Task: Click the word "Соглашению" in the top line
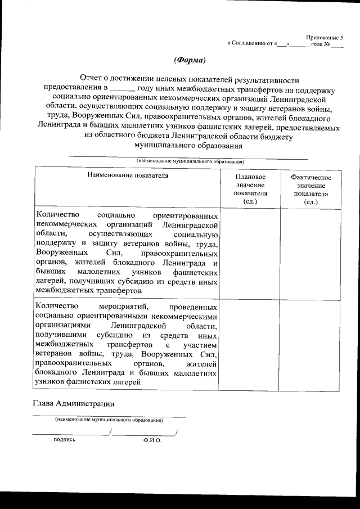click(x=249, y=43)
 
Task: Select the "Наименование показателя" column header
click(x=127, y=175)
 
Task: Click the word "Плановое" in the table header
click(x=251, y=177)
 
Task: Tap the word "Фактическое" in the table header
click(x=311, y=178)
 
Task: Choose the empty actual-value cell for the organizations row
click(x=311, y=253)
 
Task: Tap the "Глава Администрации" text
click(x=74, y=403)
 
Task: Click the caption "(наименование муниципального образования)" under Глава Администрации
click(x=109, y=420)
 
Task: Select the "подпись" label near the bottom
click(x=64, y=440)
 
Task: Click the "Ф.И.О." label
click(x=152, y=440)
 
